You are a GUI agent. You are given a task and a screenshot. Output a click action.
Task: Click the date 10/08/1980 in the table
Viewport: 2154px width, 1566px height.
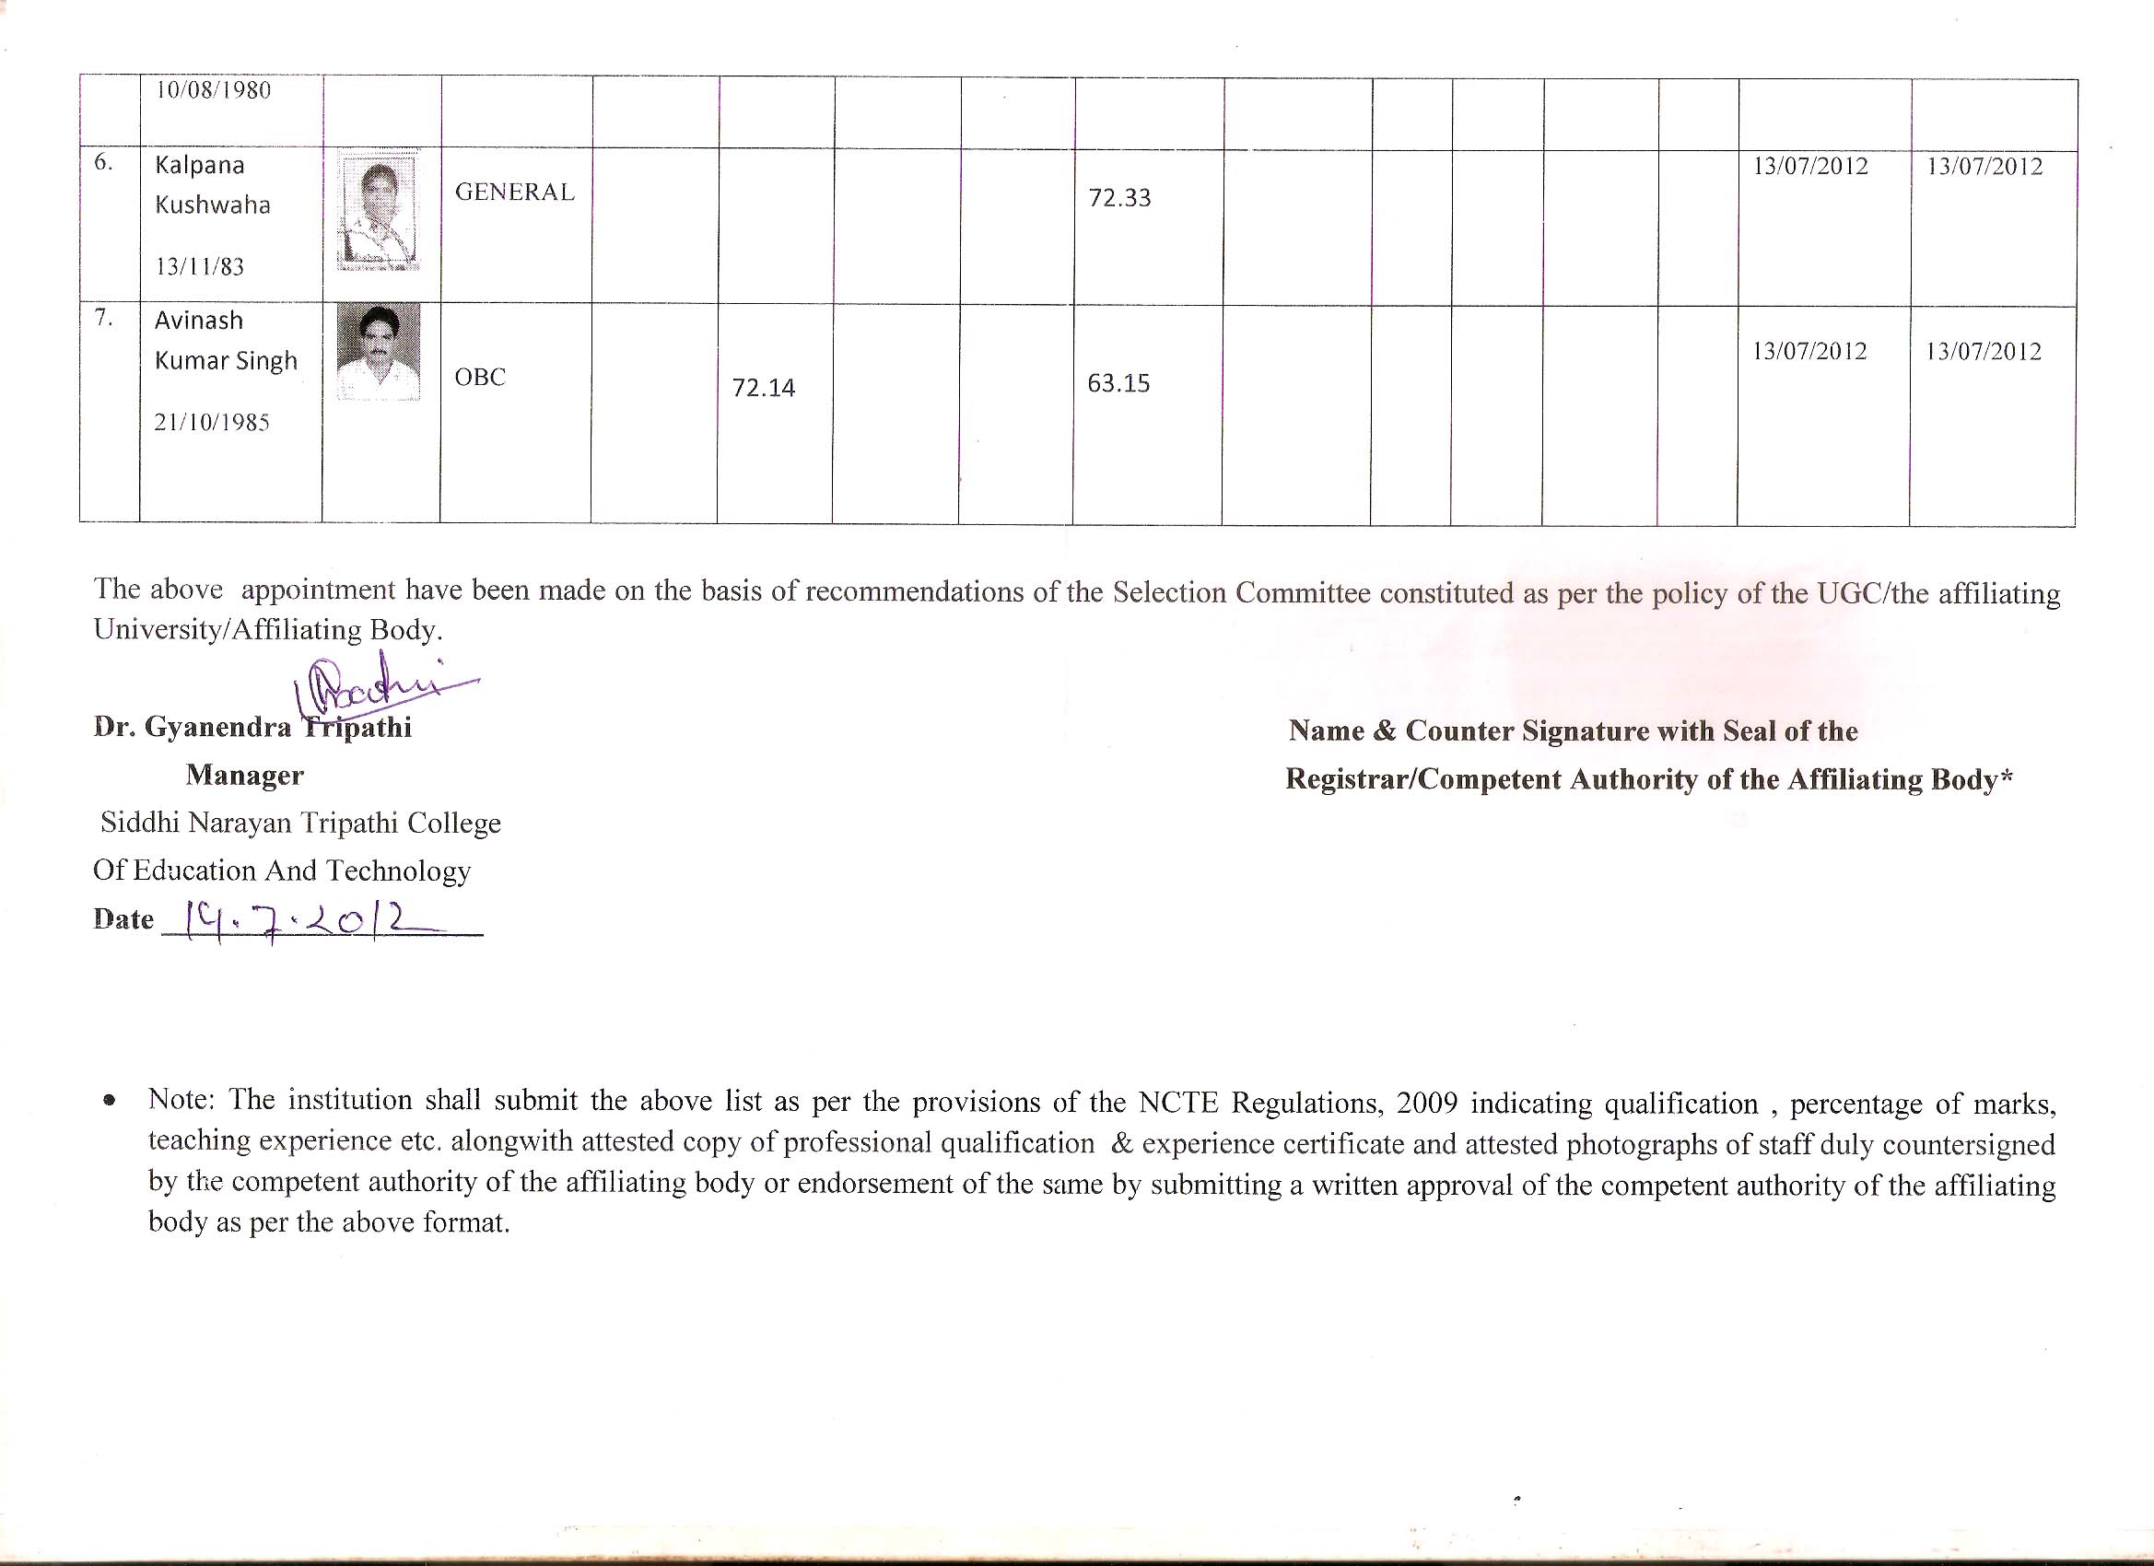pyautogui.click(x=214, y=91)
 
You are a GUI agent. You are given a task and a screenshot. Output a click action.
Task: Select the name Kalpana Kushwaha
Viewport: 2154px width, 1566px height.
pyautogui.click(x=212, y=185)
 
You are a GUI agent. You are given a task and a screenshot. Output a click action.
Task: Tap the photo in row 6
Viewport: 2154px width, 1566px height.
pyautogui.click(x=379, y=212)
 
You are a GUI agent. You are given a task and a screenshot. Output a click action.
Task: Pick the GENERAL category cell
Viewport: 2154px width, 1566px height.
pyautogui.click(x=515, y=193)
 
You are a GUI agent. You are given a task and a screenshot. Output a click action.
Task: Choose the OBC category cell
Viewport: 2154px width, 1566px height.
pyautogui.click(x=480, y=378)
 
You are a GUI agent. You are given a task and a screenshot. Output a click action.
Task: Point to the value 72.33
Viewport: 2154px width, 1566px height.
pyautogui.click(x=1119, y=198)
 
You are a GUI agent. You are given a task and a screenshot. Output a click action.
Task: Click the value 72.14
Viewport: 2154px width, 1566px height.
pyautogui.click(x=764, y=389)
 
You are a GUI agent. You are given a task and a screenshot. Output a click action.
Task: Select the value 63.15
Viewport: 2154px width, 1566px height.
pyautogui.click(x=1118, y=383)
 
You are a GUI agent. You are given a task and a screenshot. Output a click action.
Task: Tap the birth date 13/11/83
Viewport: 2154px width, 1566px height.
pyautogui.click(x=199, y=268)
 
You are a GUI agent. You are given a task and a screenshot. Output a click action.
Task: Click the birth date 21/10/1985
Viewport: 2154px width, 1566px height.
pyautogui.click(x=212, y=424)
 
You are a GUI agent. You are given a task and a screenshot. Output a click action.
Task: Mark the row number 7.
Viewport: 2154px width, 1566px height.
pyautogui.click(x=103, y=318)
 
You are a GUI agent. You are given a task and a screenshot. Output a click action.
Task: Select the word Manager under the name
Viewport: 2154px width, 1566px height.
pyautogui.click(x=245, y=776)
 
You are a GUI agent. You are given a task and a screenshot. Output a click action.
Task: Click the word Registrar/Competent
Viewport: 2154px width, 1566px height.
pyautogui.click(x=1421, y=779)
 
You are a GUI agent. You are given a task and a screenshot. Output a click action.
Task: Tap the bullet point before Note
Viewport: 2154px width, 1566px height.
pyautogui.click(x=111, y=1103)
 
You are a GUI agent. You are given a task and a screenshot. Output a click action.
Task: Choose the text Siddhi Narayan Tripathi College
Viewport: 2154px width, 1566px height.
pyautogui.click(x=300, y=823)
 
